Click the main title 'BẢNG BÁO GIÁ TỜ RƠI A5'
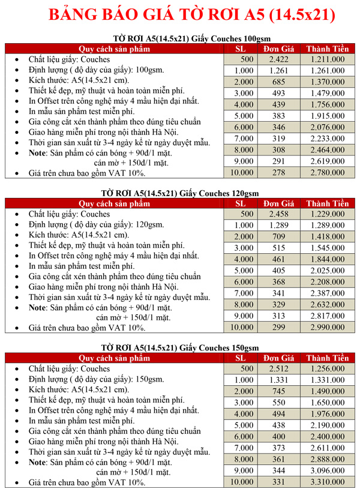(x=179, y=14)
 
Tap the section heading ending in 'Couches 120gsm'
(x=179, y=194)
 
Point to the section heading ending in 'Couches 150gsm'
(x=179, y=348)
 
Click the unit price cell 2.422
(x=279, y=59)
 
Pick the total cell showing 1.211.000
(x=328, y=59)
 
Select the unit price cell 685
(x=279, y=82)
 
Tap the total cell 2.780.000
(x=328, y=173)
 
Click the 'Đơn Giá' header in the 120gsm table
(x=279, y=203)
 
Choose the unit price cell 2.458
(x=279, y=214)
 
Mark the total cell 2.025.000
(x=328, y=271)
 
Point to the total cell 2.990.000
(x=328, y=328)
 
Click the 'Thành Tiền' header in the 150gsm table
(x=328, y=358)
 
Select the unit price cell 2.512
(x=279, y=369)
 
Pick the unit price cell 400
(x=279, y=437)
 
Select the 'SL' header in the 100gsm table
(x=240, y=49)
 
